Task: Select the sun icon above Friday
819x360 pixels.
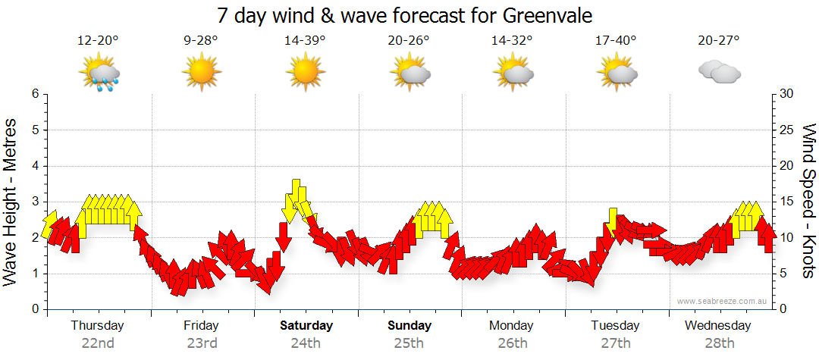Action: tap(201, 74)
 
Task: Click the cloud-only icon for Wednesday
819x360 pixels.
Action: tap(720, 73)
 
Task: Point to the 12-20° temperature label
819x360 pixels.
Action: tap(98, 40)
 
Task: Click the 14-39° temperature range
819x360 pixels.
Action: tap(305, 40)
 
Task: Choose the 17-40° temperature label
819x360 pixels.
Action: tap(616, 40)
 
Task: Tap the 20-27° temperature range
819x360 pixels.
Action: tap(719, 40)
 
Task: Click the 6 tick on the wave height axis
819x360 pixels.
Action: tap(35, 94)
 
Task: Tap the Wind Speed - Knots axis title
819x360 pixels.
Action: tap(808, 202)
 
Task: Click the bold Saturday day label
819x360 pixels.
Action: tap(306, 326)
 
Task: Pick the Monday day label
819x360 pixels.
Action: tap(513, 326)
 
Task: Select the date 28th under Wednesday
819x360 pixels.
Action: tap(719, 343)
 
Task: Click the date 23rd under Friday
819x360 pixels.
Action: tap(202, 343)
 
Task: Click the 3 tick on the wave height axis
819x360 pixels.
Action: tap(35, 202)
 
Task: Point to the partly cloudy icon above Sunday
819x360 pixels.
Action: tap(409, 74)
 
